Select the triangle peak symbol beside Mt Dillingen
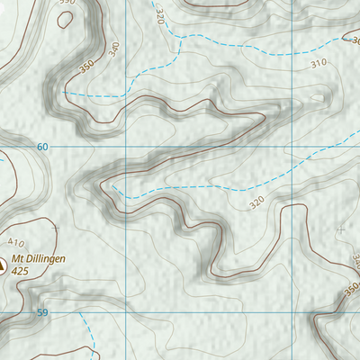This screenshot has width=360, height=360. coord(3,265)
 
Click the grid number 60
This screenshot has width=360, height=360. coord(42,146)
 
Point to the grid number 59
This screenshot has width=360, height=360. coord(42,312)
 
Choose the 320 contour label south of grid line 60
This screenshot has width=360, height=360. coord(258,203)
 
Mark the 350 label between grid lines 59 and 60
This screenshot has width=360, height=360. coord(349,290)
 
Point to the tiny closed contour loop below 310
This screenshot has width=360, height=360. coord(317,98)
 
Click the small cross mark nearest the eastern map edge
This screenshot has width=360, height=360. coord(340,230)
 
